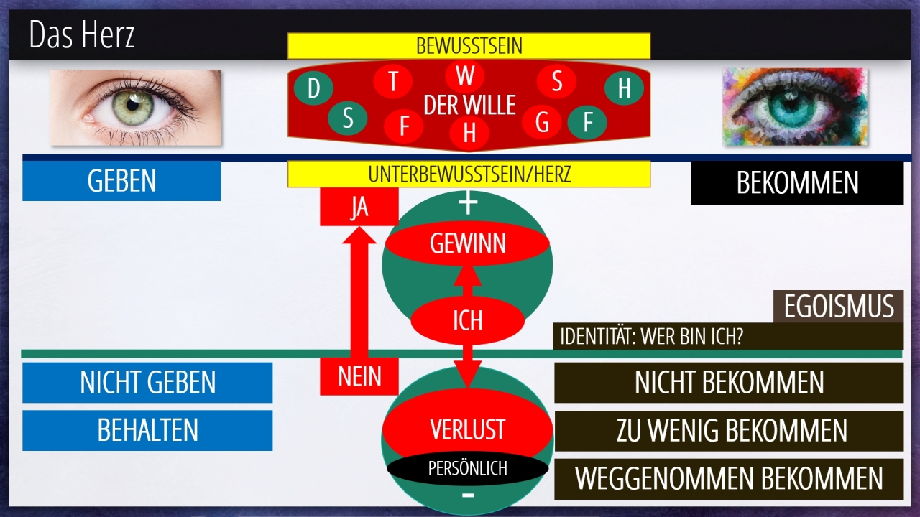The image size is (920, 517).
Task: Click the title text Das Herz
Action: (82, 35)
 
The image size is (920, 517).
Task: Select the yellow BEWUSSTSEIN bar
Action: (469, 46)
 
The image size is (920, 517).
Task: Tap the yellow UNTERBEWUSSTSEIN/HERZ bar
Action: (469, 174)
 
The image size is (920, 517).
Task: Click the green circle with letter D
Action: (313, 89)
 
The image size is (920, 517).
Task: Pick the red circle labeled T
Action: (393, 81)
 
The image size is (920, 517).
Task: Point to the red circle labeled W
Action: (465, 75)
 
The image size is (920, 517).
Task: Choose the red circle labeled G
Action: (542, 123)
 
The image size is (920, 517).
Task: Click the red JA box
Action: (359, 208)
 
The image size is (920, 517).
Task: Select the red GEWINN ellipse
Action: (467, 244)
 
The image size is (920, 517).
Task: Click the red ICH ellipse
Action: (467, 320)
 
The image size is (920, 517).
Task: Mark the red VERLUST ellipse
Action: (467, 429)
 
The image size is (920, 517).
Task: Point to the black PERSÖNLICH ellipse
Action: (467, 468)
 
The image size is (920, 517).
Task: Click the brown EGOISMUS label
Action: (838, 307)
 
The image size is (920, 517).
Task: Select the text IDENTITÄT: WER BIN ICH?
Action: (651, 337)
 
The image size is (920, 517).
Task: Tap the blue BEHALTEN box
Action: (147, 430)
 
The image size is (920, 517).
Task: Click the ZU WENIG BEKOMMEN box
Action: (729, 430)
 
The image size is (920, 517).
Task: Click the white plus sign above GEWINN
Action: (468, 204)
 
